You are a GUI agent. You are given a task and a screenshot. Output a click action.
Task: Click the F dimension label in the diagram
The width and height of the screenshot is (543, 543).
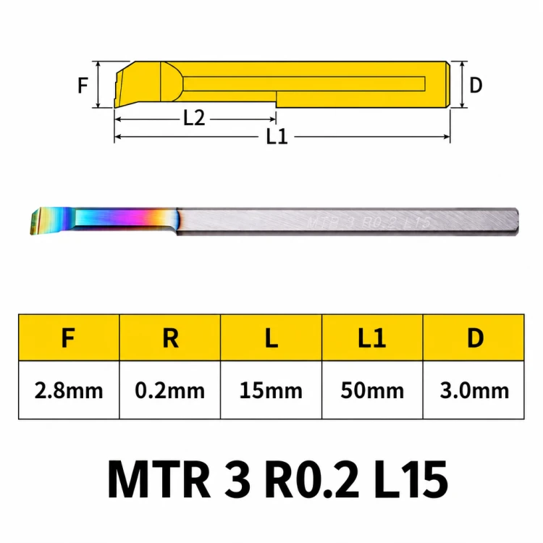(x=83, y=85)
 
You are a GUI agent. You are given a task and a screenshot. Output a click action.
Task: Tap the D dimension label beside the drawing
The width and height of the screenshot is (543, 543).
(x=476, y=85)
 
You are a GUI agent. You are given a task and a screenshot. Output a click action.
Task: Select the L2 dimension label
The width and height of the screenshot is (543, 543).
(x=194, y=118)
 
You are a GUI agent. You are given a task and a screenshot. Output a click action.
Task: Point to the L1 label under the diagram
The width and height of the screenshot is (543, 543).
(x=277, y=136)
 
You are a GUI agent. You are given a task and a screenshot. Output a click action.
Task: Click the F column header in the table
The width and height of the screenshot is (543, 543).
(x=68, y=337)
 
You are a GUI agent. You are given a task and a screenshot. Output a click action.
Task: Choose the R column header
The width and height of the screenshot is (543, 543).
(x=170, y=337)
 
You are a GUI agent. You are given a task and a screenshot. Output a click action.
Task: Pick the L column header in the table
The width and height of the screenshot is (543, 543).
(x=271, y=337)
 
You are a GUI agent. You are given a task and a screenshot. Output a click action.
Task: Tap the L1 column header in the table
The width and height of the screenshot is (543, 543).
(x=372, y=337)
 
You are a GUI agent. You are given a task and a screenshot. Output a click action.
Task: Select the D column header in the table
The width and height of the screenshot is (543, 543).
(x=475, y=337)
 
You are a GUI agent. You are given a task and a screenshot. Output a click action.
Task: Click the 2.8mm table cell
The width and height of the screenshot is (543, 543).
(x=69, y=391)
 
